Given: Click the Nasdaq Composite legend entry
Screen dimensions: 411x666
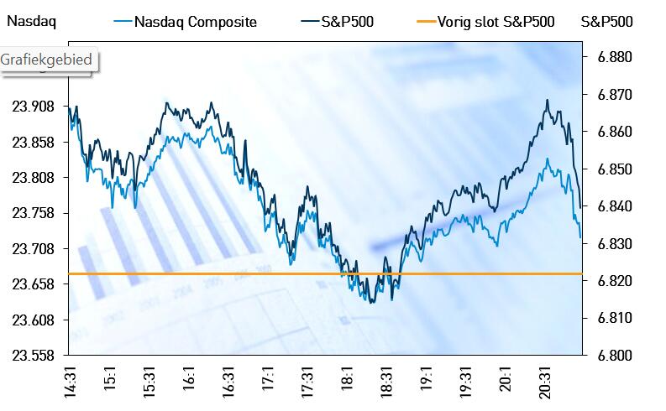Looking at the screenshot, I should (194, 22).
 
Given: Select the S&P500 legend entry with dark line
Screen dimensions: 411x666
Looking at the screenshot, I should (347, 22).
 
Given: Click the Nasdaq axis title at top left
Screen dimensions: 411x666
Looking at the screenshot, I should (31, 22).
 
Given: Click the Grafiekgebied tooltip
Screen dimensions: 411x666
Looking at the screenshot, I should (49, 60).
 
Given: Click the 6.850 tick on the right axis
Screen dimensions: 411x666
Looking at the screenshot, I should (611, 170).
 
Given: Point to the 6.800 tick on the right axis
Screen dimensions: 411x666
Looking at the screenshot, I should (611, 355).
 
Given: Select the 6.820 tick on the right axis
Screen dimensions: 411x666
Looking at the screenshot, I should (611, 281).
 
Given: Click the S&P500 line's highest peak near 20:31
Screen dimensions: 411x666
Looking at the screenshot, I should (548, 101).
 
